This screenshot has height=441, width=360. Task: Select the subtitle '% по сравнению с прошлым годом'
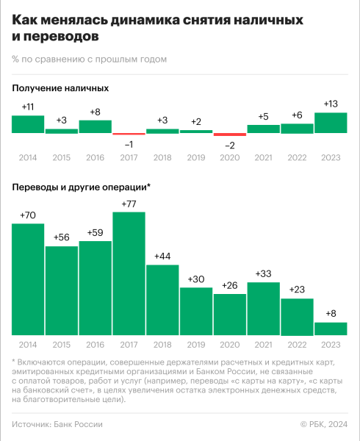click(89, 59)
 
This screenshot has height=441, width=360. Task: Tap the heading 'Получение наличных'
click(60, 88)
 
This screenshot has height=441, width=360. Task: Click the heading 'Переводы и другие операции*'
click(82, 187)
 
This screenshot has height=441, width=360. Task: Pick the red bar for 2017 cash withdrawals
click(129, 134)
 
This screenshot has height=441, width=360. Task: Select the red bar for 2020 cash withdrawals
click(229, 134)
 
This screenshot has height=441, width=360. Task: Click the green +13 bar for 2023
click(331, 123)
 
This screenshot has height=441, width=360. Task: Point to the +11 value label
click(28, 107)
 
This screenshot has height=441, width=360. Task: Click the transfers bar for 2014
click(28, 279)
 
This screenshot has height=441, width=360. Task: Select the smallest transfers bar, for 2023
click(331, 329)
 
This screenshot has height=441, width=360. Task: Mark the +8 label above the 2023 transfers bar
click(331, 314)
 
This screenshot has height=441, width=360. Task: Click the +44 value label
click(162, 257)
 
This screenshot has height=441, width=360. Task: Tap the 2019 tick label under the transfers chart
click(196, 345)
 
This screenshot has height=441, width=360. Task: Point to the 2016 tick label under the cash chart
click(95, 157)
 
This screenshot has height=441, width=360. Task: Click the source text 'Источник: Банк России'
click(57, 424)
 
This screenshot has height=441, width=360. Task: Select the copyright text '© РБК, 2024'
click(324, 424)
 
